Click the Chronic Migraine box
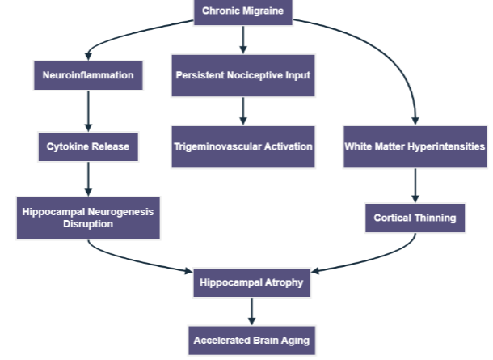(242, 11)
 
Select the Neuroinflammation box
(88, 76)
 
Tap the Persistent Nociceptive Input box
(242, 76)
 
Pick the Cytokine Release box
(88, 146)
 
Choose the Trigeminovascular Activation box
(242, 146)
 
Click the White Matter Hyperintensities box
(415, 146)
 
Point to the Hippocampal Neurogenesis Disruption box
(88, 218)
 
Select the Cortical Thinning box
(415, 218)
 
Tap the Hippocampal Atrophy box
(251, 283)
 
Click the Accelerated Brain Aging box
(251, 341)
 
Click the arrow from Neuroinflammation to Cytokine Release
(88, 111)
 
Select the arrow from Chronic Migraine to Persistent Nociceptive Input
(242, 39)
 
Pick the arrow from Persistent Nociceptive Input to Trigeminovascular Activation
(242, 111)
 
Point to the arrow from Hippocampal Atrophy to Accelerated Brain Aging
(251, 311)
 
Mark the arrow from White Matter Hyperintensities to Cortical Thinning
(415, 184)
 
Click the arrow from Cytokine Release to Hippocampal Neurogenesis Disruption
(88, 180)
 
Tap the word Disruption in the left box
(88, 225)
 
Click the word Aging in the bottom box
(293, 341)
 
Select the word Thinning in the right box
(436, 218)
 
